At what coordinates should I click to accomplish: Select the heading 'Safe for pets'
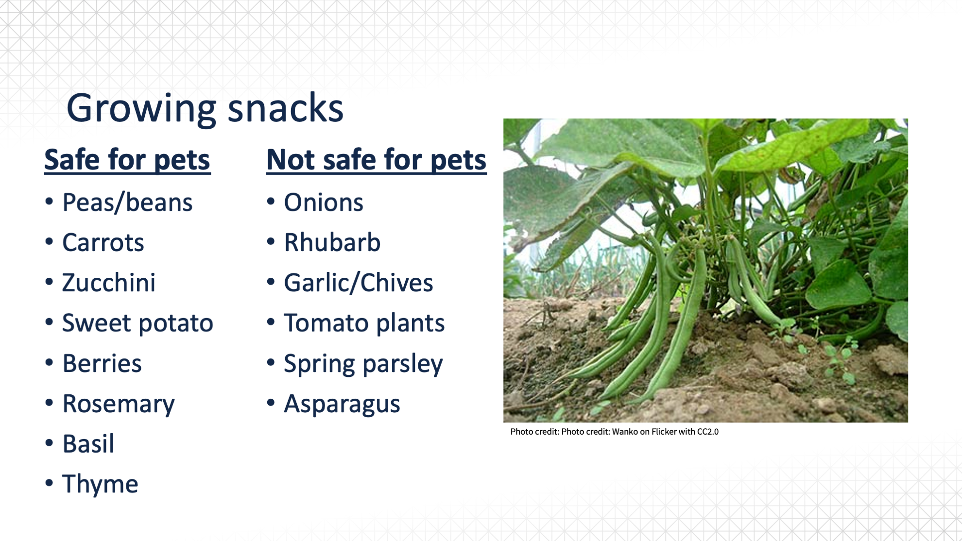[x=127, y=160]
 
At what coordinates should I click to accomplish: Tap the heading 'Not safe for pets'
[x=377, y=160]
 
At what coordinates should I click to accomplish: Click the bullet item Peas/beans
[x=127, y=203]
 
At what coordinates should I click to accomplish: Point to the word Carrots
[x=103, y=242]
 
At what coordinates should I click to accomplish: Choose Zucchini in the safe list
[x=109, y=283]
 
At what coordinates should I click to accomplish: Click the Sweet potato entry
[x=137, y=323]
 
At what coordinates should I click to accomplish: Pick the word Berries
[x=102, y=363]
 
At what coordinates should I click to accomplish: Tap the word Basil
[x=88, y=444]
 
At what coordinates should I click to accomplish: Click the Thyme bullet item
[x=100, y=485]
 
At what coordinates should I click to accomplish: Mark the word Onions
[x=324, y=203]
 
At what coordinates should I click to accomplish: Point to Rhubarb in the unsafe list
[x=332, y=242]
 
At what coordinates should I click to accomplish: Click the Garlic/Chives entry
[x=359, y=283]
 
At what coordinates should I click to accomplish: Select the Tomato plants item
[x=364, y=323]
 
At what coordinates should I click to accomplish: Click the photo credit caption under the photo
[x=615, y=432]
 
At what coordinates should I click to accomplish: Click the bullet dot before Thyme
[x=49, y=483]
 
